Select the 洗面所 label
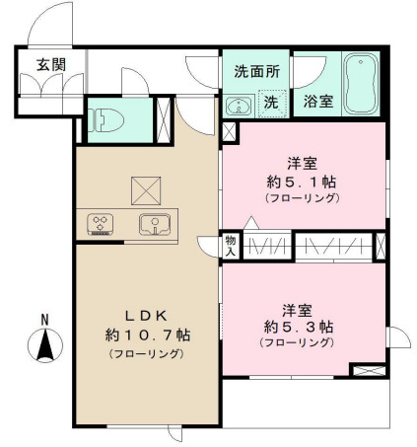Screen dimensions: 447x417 pyautogui.click(x=256, y=71)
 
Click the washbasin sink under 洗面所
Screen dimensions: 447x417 pyautogui.click(x=238, y=105)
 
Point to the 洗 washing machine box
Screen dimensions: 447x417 pyautogui.click(x=270, y=101)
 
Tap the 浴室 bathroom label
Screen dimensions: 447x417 pyautogui.click(x=317, y=101)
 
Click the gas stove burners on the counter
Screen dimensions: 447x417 pyautogui.click(x=101, y=224)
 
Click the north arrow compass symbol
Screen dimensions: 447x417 pyautogui.click(x=43, y=345)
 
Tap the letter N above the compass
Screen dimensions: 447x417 pyautogui.click(x=43, y=319)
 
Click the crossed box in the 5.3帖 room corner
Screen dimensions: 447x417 pyautogui.click(x=365, y=371)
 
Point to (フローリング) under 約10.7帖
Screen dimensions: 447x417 pyautogui.click(x=145, y=352)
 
